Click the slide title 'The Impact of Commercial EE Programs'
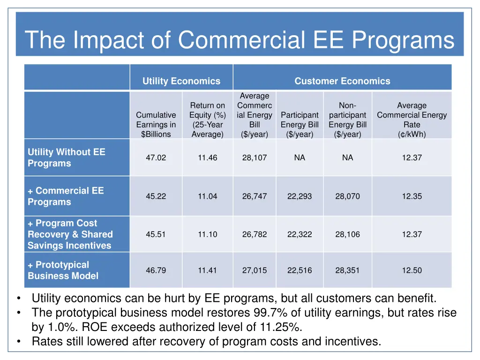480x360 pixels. pyautogui.click(x=240, y=40)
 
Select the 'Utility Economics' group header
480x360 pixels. pyautogui.click(x=181, y=81)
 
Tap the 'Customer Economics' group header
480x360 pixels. pyautogui.click(x=342, y=81)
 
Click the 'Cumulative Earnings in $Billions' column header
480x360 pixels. pyautogui.click(x=156, y=124)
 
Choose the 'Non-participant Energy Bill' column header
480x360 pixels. pyautogui.click(x=347, y=120)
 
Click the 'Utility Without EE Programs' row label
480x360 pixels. pyautogui.click(x=67, y=157)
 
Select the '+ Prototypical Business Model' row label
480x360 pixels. pyautogui.click(x=63, y=270)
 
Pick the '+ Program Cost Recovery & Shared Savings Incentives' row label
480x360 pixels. pyautogui.click(x=70, y=234)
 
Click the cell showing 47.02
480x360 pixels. pyautogui.click(x=156, y=158)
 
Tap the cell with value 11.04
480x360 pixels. pyautogui.click(x=207, y=196)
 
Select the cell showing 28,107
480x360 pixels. pyautogui.click(x=255, y=158)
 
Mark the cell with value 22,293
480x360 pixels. pyautogui.click(x=300, y=196)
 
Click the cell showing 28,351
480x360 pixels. pyautogui.click(x=347, y=270)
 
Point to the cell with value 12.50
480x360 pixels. pyautogui.click(x=412, y=270)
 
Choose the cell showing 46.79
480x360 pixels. pyautogui.click(x=156, y=270)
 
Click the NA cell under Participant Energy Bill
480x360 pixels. pyautogui.click(x=300, y=157)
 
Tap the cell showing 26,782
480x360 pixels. pyautogui.click(x=255, y=234)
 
